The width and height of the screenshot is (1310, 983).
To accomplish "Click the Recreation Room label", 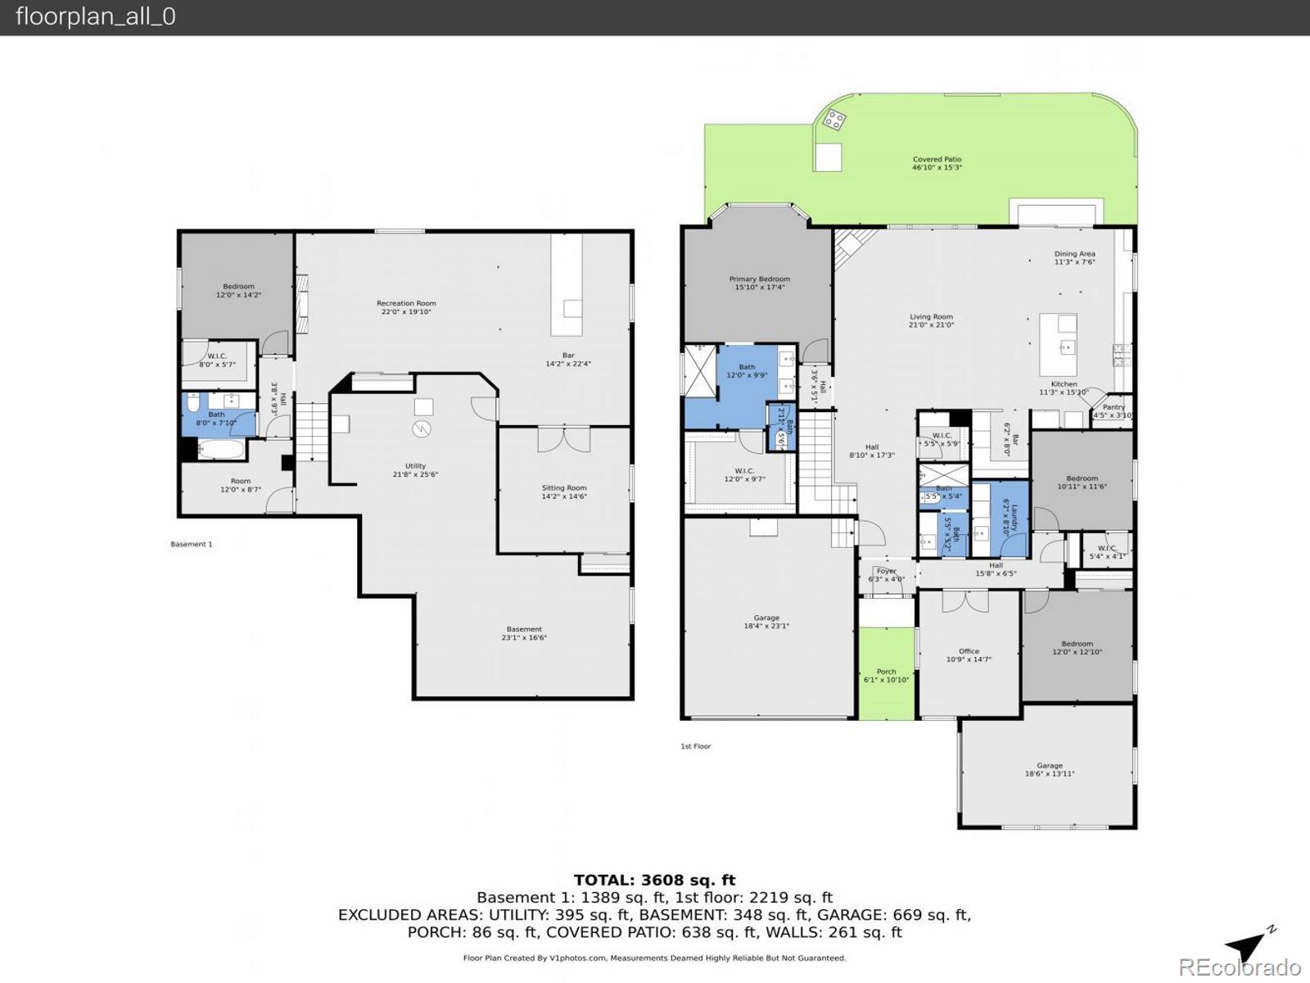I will pyautogui.click(x=406, y=304).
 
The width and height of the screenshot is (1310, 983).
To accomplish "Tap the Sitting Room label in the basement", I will pyautogui.click(x=564, y=488).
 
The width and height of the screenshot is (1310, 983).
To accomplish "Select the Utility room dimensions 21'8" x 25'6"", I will pyautogui.click(x=415, y=475).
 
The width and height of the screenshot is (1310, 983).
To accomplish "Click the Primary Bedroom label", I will pyautogui.click(x=760, y=279).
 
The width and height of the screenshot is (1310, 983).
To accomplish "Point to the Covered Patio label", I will pyautogui.click(x=937, y=160).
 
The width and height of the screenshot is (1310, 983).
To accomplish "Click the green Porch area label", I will pyautogui.click(x=886, y=672).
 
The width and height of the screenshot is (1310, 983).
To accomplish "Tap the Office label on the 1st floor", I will pyautogui.click(x=969, y=652).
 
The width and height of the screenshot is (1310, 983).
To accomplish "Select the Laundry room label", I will pyautogui.click(x=1014, y=518).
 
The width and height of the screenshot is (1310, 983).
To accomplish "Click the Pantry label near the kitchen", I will pyautogui.click(x=1113, y=407).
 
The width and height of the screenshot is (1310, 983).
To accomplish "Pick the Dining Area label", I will pyautogui.click(x=1074, y=255).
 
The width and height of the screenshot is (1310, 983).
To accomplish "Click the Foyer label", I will pyautogui.click(x=886, y=572).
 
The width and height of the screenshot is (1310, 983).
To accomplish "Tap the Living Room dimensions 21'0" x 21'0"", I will pyautogui.click(x=931, y=325).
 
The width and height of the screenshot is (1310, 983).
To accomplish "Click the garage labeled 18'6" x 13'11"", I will pyautogui.click(x=1050, y=770).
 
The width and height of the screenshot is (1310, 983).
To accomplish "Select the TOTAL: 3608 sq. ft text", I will pyautogui.click(x=654, y=881).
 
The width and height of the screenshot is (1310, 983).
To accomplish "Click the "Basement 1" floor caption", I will pyautogui.click(x=191, y=544).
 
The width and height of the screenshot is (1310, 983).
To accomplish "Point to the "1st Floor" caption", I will pyautogui.click(x=695, y=746).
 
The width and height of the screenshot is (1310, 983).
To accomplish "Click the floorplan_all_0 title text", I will pyautogui.click(x=95, y=17).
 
